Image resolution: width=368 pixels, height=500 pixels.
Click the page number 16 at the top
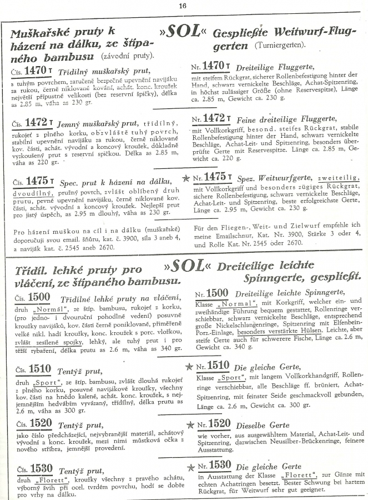point(183,6)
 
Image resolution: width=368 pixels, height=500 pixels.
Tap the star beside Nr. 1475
point(186,178)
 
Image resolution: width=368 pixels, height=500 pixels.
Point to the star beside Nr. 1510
point(190,366)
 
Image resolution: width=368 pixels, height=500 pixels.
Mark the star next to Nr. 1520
point(189,425)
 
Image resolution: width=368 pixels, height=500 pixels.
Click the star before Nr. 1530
point(189,465)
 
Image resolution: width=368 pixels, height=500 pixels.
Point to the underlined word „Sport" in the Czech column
point(46,383)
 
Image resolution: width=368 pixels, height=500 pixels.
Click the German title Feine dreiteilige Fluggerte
point(284,119)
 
